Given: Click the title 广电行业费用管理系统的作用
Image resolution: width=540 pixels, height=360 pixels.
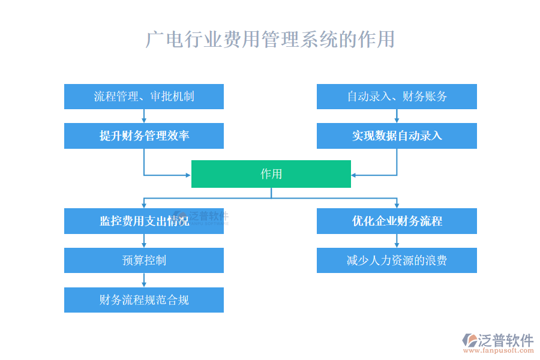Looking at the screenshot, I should (x=271, y=40).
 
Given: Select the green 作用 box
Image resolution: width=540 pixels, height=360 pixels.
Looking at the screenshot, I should (x=271, y=174).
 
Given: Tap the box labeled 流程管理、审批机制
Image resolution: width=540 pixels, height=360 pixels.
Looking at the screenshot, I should (x=144, y=97).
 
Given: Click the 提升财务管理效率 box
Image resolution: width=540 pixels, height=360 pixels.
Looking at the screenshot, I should (x=144, y=136).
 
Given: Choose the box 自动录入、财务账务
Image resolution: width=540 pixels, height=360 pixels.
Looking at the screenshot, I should (x=397, y=97).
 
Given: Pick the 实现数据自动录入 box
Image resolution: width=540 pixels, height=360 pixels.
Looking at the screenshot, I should (x=397, y=136).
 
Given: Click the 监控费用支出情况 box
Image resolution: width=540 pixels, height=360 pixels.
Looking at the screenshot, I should (x=144, y=221).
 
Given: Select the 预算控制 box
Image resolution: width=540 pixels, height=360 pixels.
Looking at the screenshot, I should (x=144, y=260).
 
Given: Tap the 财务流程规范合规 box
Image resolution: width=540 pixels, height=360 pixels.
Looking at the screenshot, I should (x=144, y=299).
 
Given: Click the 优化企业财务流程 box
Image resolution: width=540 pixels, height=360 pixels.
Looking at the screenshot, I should (x=397, y=221).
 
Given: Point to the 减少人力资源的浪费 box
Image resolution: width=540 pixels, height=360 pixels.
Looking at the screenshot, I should (x=397, y=260).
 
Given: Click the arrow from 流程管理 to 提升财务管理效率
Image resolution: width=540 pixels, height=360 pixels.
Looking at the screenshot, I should (x=144, y=116).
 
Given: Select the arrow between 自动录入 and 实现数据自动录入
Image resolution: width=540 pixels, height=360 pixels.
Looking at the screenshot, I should (x=397, y=116).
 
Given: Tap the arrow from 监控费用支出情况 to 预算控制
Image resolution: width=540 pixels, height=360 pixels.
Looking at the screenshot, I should (x=144, y=241).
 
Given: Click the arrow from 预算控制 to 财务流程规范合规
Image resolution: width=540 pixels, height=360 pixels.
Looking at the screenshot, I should (x=144, y=280).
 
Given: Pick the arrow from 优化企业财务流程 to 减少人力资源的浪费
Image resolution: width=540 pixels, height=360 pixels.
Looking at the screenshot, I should (x=397, y=241).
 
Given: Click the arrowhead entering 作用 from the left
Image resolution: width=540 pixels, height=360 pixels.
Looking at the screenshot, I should (x=187, y=175).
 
